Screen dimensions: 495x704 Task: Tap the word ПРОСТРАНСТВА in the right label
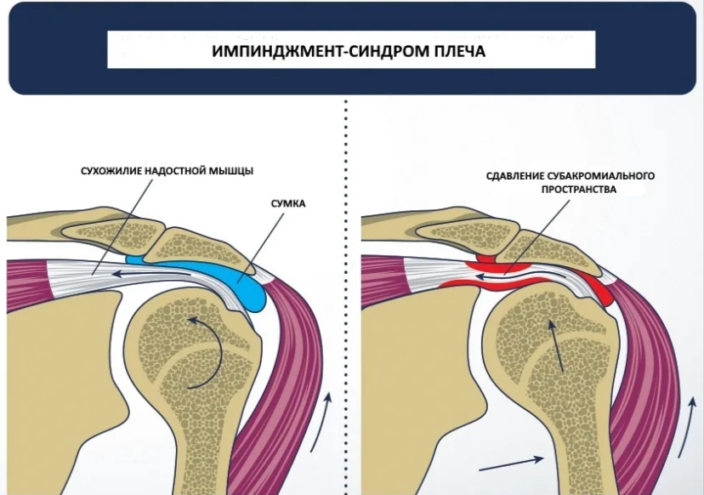(571, 191)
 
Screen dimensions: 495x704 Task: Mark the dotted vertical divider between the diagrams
(347, 298)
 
